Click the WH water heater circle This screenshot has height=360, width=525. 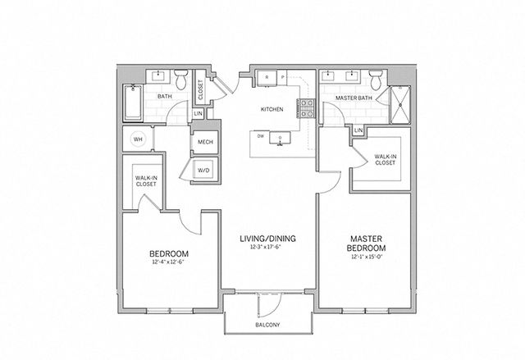click(138, 139)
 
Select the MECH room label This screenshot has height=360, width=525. click(205, 142)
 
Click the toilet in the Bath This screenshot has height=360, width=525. click(181, 80)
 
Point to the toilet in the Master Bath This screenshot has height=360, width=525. click(376, 80)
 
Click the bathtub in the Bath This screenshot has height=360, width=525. click(133, 103)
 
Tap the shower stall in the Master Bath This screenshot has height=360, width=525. click(400, 105)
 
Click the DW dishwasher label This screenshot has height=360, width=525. click(261, 136)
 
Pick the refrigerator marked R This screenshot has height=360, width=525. click(267, 78)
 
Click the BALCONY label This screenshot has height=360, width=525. click(267, 325)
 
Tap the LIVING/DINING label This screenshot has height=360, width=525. click(268, 239)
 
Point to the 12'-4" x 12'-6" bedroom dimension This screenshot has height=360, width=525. click(168, 262)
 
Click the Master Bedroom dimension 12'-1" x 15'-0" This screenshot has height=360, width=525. click(367, 257)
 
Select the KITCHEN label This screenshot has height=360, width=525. click(272, 109)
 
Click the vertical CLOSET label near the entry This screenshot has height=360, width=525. click(200, 89)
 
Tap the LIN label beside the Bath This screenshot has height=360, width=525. click(198, 114)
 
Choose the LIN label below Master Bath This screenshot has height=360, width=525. click(358, 130)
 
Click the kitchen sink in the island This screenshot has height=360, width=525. click(280, 138)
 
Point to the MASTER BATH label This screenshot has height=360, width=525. click(354, 98)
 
